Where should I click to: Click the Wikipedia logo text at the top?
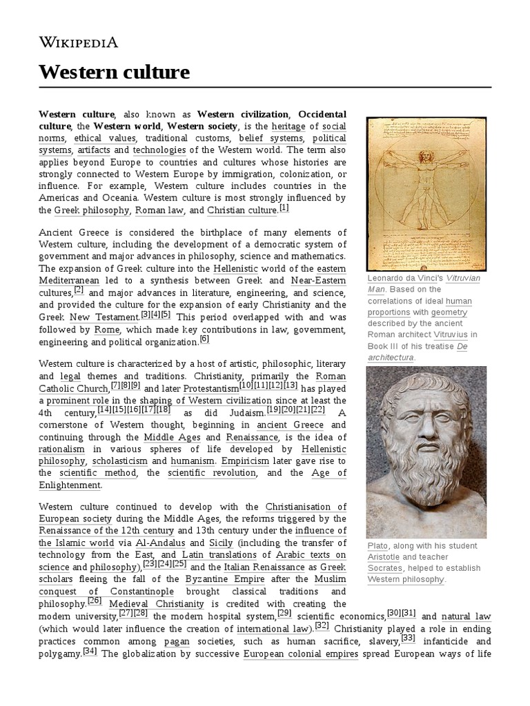tap(78, 42)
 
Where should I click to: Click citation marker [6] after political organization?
tap(204, 339)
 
